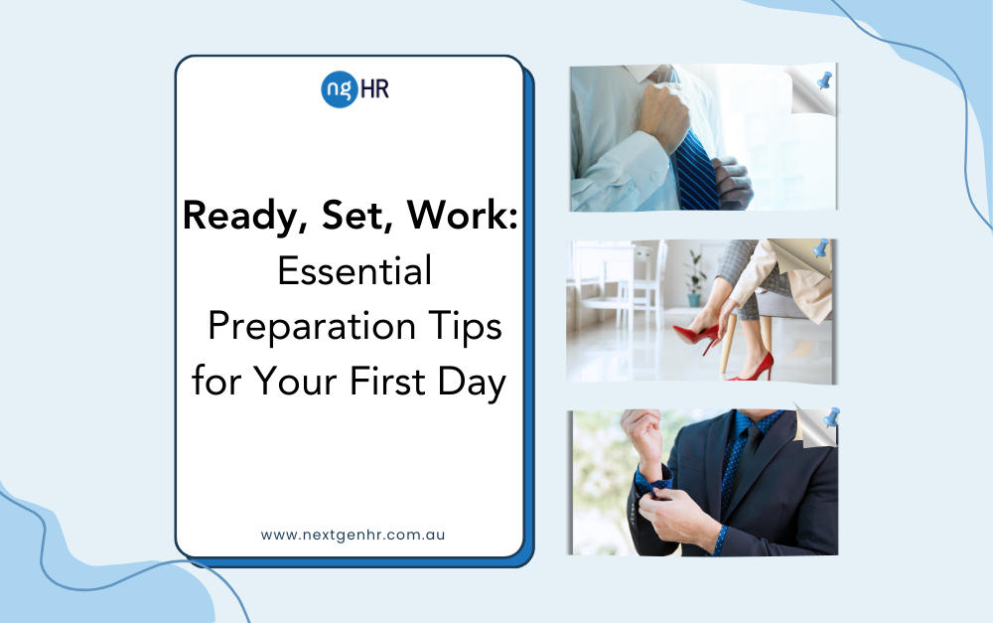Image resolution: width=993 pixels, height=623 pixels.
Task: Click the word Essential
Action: coord(355,270)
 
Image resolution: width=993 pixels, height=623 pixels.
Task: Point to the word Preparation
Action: coord(312,328)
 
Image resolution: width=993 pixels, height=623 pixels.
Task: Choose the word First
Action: coord(387,382)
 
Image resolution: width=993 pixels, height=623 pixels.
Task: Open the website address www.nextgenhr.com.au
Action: coord(353,535)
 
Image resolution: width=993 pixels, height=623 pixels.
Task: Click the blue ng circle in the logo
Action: coord(340,89)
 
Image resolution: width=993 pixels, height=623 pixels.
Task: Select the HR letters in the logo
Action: coord(374,88)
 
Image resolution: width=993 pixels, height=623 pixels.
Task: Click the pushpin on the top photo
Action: coord(824,80)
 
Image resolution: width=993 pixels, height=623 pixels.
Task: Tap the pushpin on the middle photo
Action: coord(821,248)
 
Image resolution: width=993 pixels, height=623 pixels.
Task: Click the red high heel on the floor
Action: coord(754,368)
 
